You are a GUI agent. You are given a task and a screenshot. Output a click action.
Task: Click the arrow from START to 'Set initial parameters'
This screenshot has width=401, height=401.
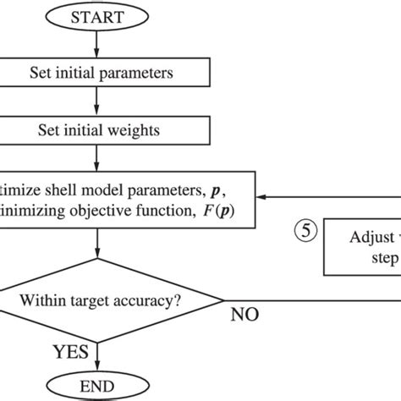point(99,46)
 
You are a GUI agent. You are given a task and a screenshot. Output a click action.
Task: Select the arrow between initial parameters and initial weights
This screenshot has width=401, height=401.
point(99,102)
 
